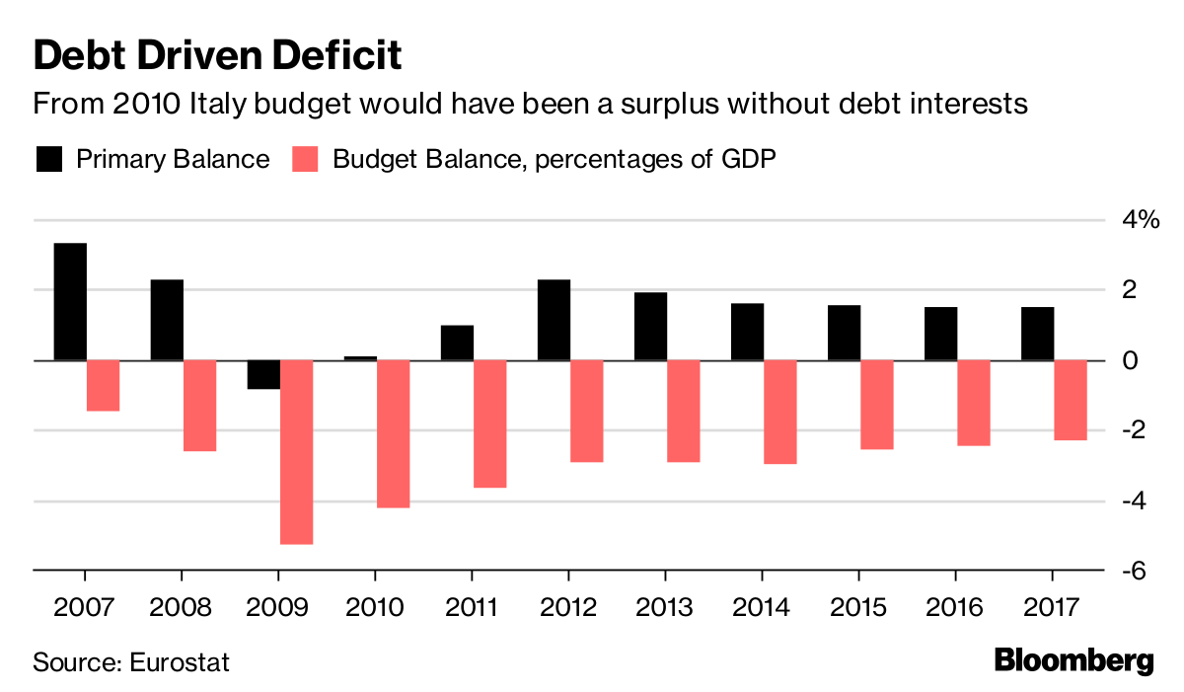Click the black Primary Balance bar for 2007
70,301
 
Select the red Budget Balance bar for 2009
296,451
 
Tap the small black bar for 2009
263,375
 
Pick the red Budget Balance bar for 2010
393,433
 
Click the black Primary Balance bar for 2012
554,320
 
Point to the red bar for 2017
1070,400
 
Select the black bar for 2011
457,343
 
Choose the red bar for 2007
103,385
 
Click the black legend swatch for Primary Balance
49,159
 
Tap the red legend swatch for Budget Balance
306,159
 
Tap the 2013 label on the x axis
665,605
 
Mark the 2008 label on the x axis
182,605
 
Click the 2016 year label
955,605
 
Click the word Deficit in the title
333,56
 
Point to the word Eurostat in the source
180,661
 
